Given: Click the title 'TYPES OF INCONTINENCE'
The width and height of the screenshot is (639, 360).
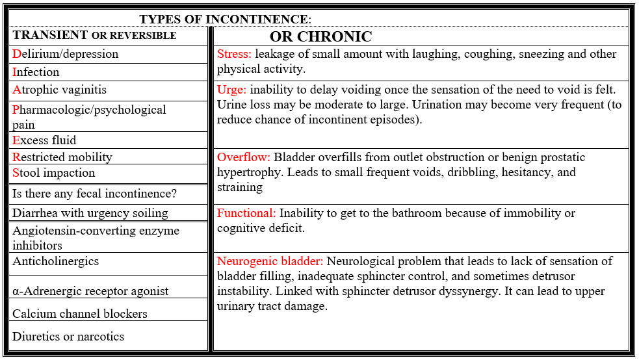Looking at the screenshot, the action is pyautogui.click(x=224, y=19).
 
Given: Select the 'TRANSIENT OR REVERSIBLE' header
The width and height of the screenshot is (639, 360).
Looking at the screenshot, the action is pyautogui.click(x=94, y=35).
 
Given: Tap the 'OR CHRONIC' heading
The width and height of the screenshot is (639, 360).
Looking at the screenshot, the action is pyautogui.click(x=320, y=36).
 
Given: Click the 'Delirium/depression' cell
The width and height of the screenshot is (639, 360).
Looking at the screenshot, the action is pyautogui.click(x=66, y=54).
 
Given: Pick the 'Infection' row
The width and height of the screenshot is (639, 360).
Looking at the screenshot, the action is pyautogui.click(x=36, y=72).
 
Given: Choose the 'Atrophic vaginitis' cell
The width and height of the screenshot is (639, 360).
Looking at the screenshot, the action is pyautogui.click(x=59, y=90).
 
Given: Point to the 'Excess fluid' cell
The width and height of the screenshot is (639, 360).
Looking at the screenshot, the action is pyautogui.click(x=44, y=140).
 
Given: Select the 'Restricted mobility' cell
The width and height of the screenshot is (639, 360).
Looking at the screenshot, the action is pyautogui.click(x=62, y=157).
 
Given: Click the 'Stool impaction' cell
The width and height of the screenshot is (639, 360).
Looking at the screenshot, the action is pyautogui.click(x=53, y=173).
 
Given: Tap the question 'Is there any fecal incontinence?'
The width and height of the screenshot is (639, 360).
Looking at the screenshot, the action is pyautogui.click(x=94, y=194).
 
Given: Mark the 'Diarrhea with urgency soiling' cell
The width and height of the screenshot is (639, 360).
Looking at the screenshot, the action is pyautogui.click(x=90, y=213).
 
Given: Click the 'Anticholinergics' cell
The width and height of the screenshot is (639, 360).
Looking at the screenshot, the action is pyautogui.click(x=55, y=261).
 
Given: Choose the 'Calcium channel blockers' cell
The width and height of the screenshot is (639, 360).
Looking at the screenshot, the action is pyautogui.click(x=79, y=314).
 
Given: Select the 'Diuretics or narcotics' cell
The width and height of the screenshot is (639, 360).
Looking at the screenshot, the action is pyautogui.click(x=68, y=337).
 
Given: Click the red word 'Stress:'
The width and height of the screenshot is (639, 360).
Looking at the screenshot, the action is pyautogui.click(x=234, y=54).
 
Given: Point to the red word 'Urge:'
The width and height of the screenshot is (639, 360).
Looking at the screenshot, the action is pyautogui.click(x=232, y=89).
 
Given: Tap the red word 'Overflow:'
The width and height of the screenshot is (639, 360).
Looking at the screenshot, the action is pyautogui.click(x=244, y=157).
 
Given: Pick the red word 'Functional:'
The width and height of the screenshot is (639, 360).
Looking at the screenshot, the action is pyautogui.click(x=246, y=213).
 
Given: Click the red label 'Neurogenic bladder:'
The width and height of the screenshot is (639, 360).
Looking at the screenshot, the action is pyautogui.click(x=270, y=261).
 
